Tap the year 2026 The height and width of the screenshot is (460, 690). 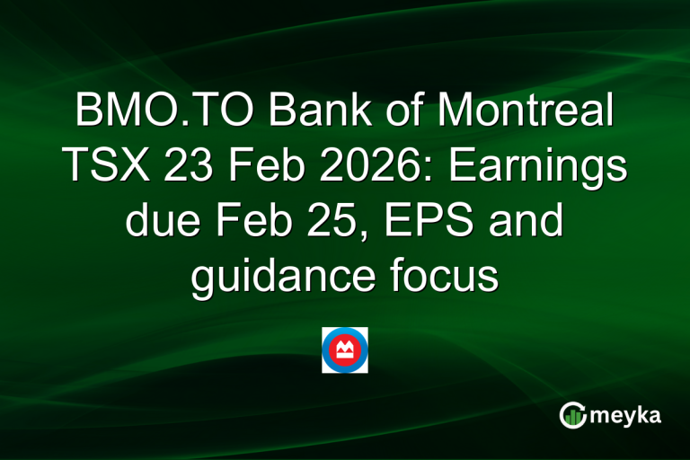[355, 168]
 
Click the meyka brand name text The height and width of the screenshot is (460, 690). [628, 414]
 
